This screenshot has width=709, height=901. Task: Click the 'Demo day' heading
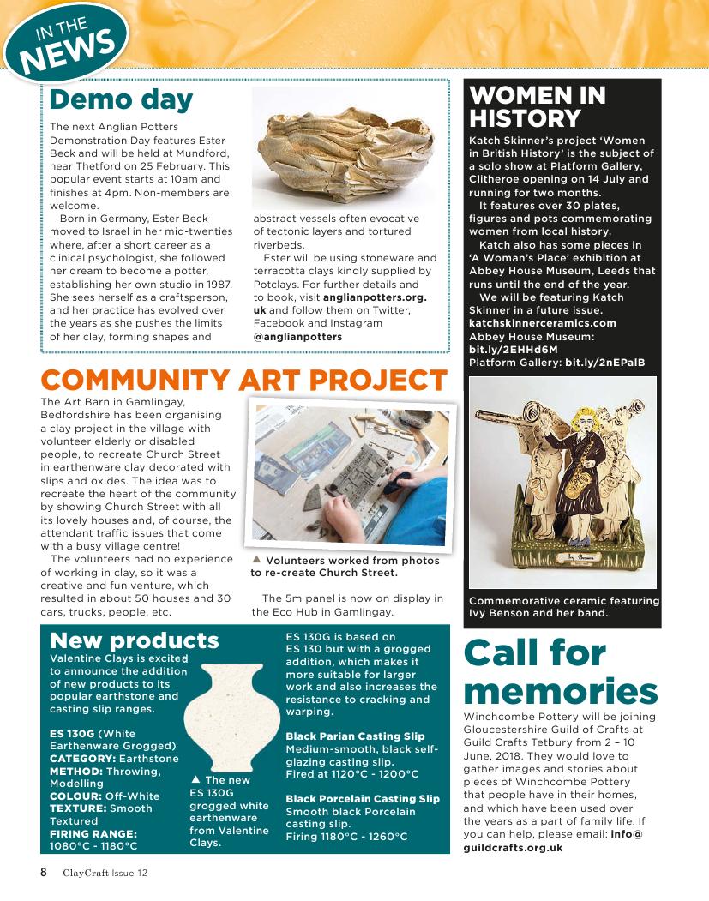(121, 99)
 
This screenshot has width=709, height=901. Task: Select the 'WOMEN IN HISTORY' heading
(538, 106)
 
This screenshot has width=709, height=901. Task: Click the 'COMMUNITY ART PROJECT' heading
(243, 380)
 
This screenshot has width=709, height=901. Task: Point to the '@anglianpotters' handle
(297, 337)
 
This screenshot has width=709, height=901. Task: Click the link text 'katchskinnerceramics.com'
(543, 323)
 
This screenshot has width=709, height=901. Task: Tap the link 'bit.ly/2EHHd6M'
(502, 350)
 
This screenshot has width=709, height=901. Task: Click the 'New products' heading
(135, 640)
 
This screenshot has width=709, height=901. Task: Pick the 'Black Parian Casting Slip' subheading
(355, 736)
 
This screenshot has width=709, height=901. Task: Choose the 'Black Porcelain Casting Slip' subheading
(362, 799)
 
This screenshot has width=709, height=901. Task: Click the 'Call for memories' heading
(560, 672)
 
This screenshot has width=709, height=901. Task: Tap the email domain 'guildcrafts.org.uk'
(513, 847)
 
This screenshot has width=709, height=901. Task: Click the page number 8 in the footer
(43, 873)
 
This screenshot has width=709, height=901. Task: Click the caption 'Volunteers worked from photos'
(352, 561)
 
